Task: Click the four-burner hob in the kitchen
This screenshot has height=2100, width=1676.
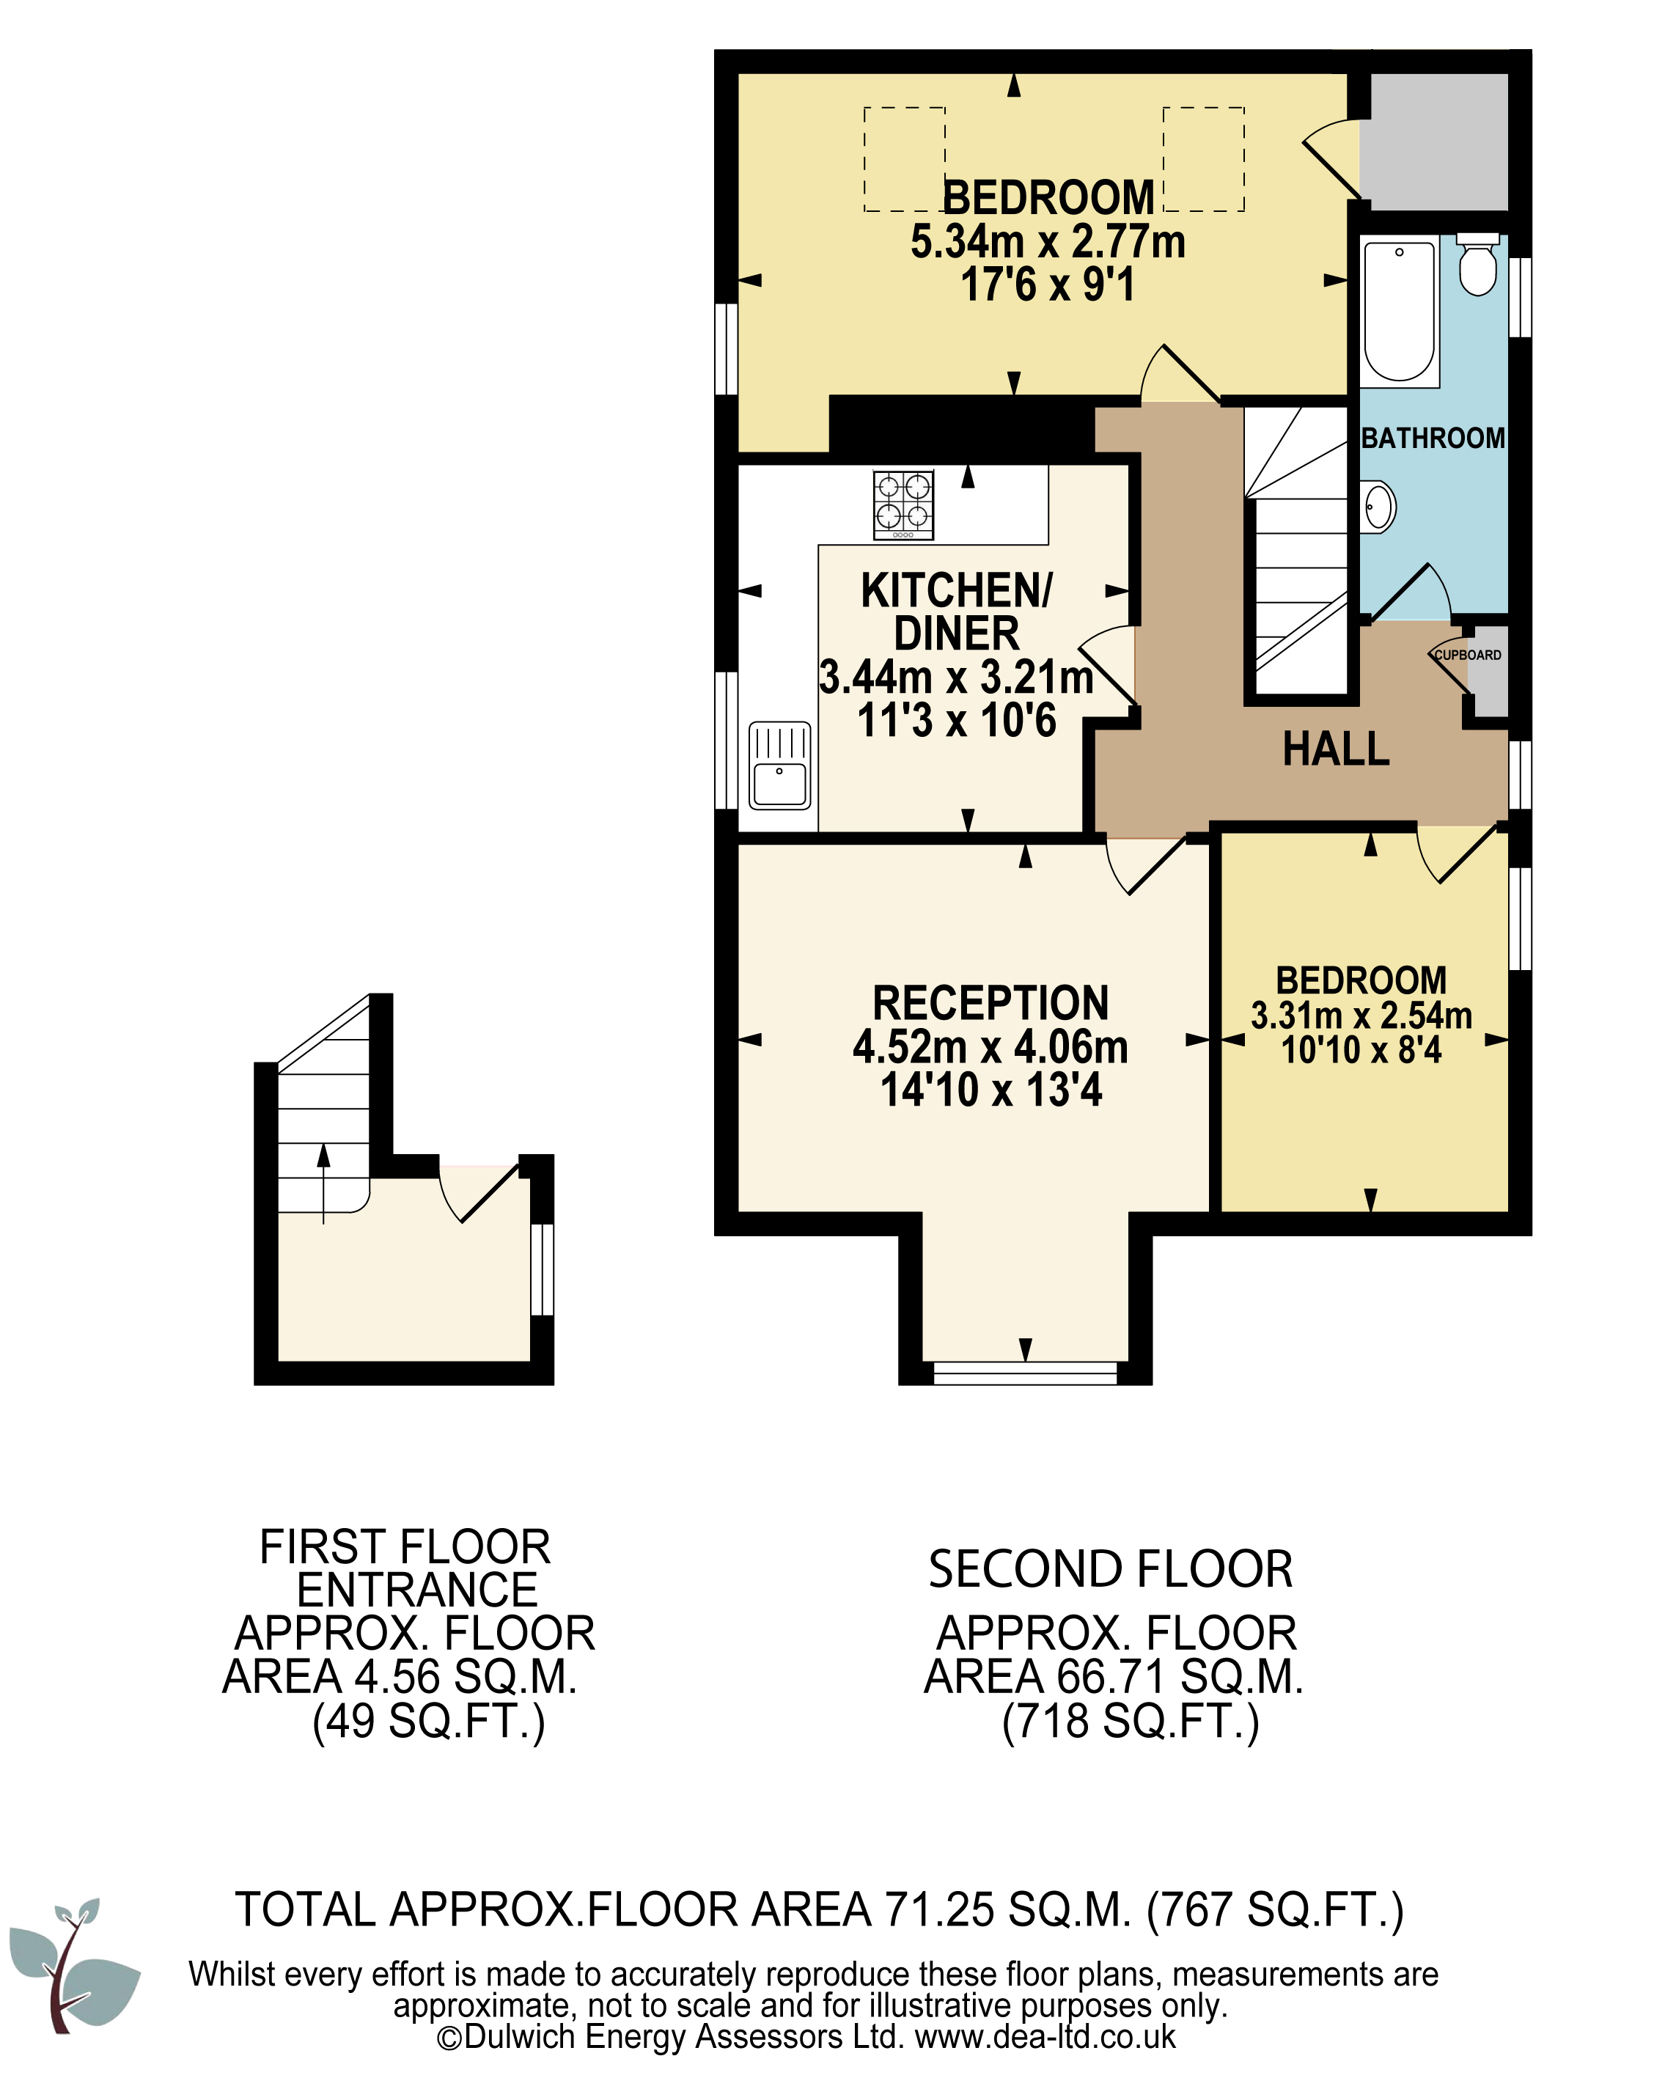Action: (903, 504)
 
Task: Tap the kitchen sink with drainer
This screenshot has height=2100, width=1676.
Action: (779, 766)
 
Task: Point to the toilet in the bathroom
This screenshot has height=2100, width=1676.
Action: (1477, 263)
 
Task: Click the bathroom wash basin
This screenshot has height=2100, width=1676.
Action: (1377, 505)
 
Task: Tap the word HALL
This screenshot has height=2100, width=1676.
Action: (1335, 749)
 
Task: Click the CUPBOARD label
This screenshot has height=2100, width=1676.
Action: (1468, 655)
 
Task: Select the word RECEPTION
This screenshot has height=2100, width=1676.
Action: (990, 1002)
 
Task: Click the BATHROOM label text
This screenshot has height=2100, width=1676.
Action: (1433, 438)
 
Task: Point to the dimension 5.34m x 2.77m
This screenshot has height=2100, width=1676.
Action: (1048, 241)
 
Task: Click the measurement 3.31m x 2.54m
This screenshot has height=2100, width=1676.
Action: (1361, 1015)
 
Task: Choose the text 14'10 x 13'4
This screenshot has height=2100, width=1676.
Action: (990, 1089)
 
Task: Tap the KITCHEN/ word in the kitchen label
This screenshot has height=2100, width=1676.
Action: (956, 590)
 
